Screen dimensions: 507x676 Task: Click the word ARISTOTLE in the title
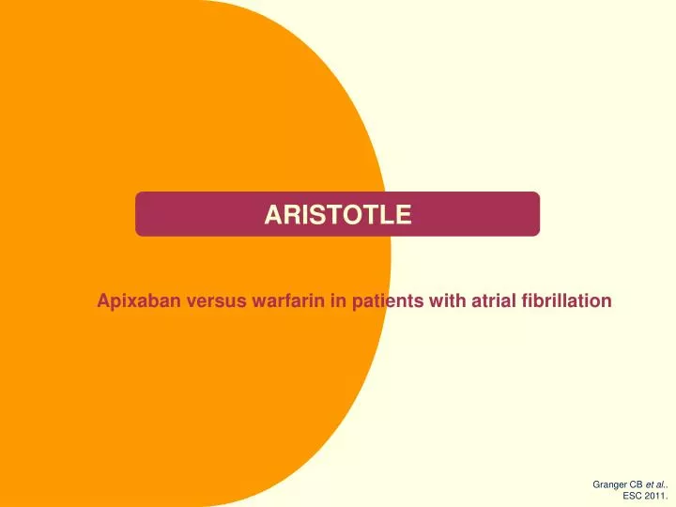click(x=337, y=215)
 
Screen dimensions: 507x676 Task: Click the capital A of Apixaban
click(x=103, y=301)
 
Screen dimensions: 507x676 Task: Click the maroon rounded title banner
click(x=469, y=215)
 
